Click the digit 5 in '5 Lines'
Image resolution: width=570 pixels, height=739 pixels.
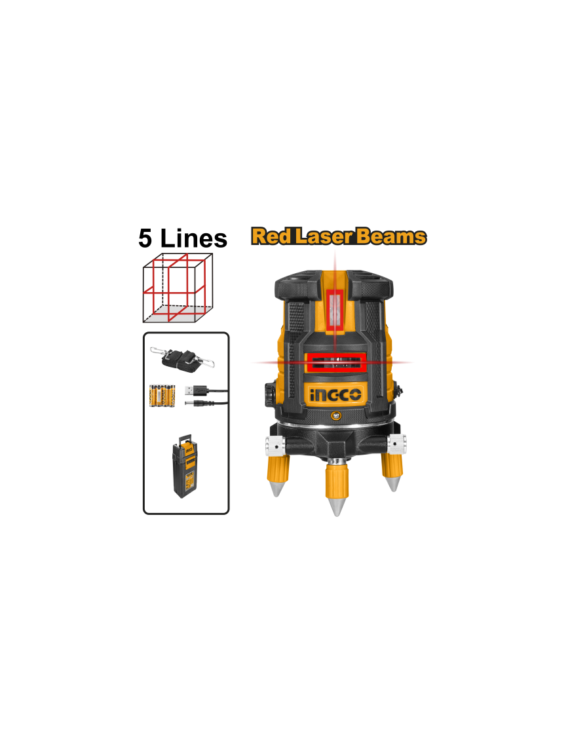145,238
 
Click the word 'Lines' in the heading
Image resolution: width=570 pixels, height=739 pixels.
194,238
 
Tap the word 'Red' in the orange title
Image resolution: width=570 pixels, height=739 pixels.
271,236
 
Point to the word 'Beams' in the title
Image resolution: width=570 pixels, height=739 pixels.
391,236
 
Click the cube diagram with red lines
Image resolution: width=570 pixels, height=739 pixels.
178,288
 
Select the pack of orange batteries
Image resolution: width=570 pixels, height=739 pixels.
162,396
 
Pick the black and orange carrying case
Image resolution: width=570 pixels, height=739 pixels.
186,466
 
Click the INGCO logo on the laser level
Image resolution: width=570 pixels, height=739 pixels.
335,394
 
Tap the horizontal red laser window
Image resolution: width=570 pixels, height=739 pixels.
335,362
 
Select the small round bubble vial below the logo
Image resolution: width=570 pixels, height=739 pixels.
335,415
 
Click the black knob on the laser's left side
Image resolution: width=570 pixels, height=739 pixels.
269,394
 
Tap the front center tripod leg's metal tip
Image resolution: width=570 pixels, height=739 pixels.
337,506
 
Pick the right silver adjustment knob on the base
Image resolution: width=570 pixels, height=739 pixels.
398,444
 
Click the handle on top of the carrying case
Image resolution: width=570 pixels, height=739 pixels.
184,438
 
